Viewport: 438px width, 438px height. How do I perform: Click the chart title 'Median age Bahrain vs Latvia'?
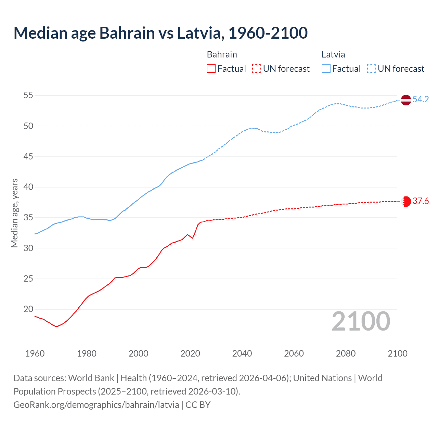[x=160, y=33]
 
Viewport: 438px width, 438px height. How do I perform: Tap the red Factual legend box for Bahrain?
[x=211, y=69]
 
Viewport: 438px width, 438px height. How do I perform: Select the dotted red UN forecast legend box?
[x=257, y=69]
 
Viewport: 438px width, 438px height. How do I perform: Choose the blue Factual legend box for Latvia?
[x=326, y=69]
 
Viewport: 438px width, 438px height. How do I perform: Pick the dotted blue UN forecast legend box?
[x=372, y=69]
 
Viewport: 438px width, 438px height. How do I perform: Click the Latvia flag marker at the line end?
[x=406, y=100]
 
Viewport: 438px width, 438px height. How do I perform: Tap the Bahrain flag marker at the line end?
[x=406, y=202]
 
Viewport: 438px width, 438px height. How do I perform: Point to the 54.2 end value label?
[x=421, y=100]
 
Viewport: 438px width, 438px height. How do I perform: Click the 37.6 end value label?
[x=421, y=201]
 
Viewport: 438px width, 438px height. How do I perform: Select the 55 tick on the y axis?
[x=28, y=95]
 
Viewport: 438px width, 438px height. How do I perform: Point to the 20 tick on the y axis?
[x=28, y=309]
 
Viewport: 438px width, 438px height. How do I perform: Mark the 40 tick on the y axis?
[x=28, y=187]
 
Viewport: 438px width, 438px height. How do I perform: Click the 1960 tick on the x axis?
[x=35, y=353]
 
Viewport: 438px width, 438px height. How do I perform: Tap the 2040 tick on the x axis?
[x=242, y=353]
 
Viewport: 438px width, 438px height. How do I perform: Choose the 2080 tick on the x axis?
[x=346, y=353]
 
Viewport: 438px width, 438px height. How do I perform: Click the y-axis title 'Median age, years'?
[x=14, y=213]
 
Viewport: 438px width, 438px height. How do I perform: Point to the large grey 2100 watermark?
[x=361, y=321]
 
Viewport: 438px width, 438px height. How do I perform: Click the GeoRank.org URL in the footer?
[x=96, y=405]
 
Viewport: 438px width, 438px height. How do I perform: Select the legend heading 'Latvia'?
[x=333, y=54]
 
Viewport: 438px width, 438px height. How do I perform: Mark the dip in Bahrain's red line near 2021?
[x=193, y=238]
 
